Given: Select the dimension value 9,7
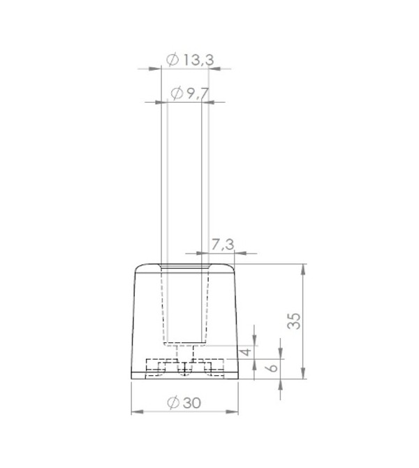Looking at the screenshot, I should [193, 94].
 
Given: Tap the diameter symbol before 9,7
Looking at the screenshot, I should [176, 94].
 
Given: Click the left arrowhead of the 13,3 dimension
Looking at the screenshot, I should [155, 68].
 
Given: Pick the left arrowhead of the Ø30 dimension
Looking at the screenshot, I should [137, 412].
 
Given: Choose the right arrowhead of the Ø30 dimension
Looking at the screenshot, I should [232, 412].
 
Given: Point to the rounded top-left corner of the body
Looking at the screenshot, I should [138, 268].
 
